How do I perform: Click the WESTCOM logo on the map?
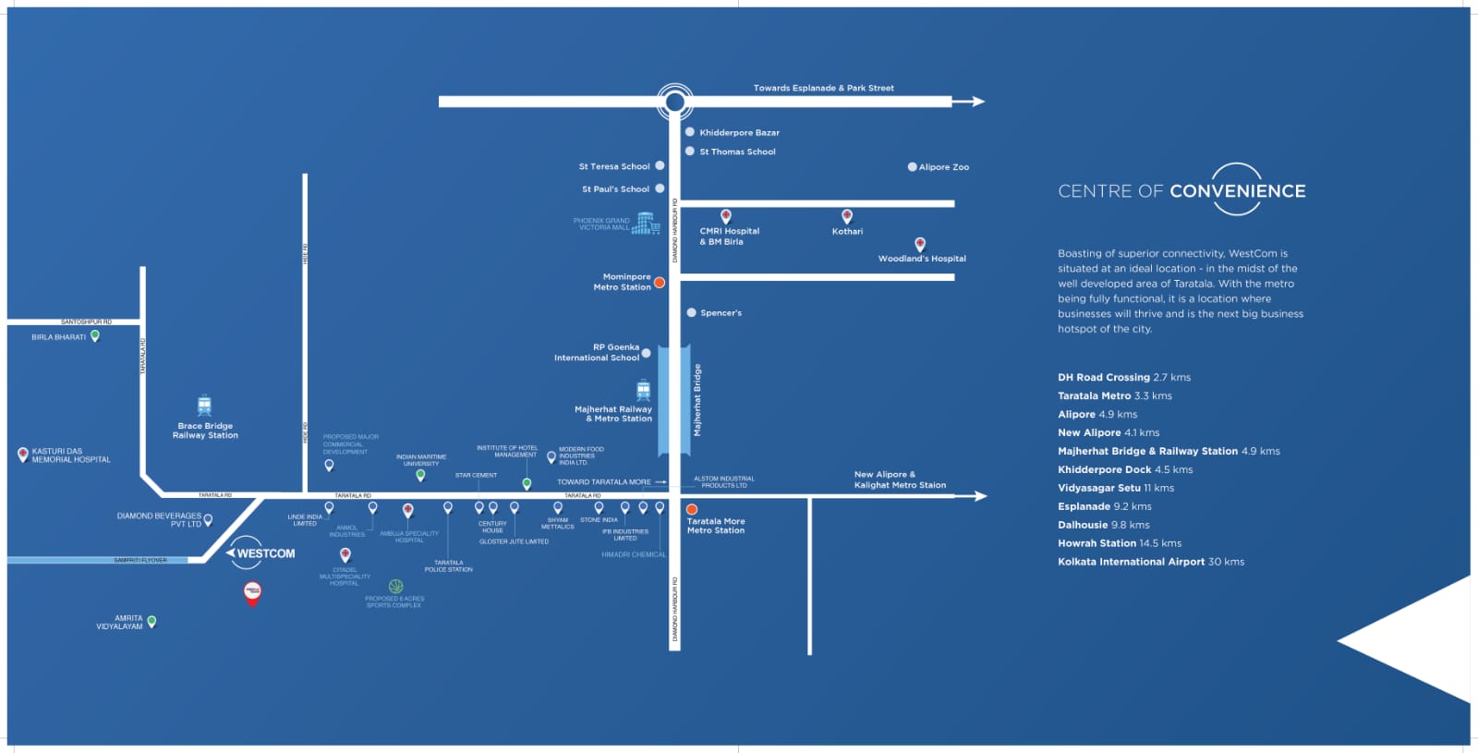point(262,553)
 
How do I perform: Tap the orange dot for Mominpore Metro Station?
point(660,283)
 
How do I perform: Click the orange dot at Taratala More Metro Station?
point(692,509)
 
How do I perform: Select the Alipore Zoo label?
point(943,167)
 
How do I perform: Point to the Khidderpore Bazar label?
point(739,133)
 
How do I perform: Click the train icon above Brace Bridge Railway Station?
point(204,406)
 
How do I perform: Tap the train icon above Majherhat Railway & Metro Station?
point(644,390)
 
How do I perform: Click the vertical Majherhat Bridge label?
point(697,400)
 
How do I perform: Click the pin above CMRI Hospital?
point(726,216)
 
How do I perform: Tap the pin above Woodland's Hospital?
point(920,244)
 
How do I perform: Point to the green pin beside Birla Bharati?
point(94,336)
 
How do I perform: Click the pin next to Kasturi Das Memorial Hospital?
point(23,455)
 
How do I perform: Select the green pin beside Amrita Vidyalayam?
point(151,622)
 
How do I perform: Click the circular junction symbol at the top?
point(675,102)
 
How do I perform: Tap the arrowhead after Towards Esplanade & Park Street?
point(975,102)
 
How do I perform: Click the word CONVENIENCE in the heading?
point(1237,191)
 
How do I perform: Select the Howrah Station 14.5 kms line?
point(1120,543)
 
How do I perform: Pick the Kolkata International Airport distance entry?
point(1151,562)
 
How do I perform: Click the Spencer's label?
point(721,313)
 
